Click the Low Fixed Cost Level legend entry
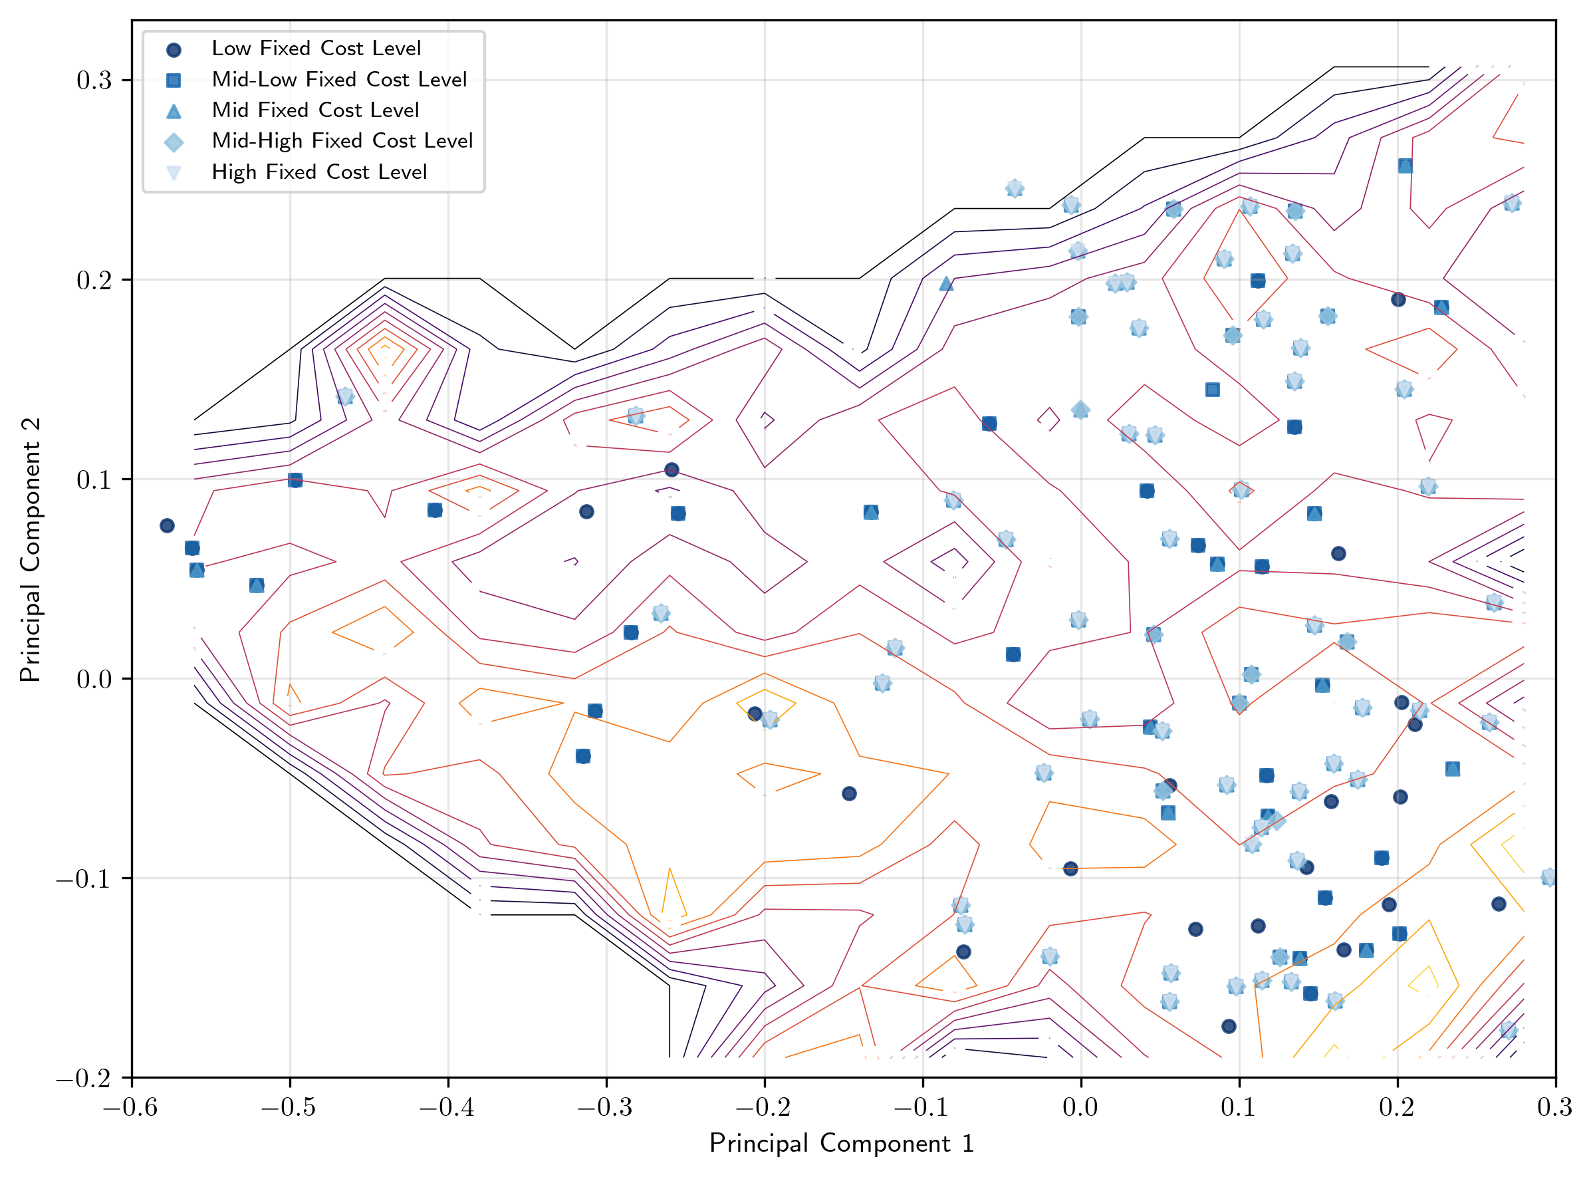[x=316, y=49]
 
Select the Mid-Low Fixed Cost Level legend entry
[x=338, y=79]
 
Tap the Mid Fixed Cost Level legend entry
[x=315, y=110]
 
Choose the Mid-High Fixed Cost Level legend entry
[x=342, y=141]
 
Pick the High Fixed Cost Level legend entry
[x=318, y=172]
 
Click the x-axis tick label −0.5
[x=289, y=1108]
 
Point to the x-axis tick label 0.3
[x=1554, y=1108]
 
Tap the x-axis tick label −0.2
[x=764, y=1108]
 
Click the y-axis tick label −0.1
[x=84, y=879]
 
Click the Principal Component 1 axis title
[x=842, y=1144]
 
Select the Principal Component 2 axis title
[x=30, y=550]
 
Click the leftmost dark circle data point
[x=168, y=526]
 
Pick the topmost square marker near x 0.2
[x=1405, y=166]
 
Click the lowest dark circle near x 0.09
[x=1229, y=1027]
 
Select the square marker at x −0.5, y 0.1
[x=295, y=480]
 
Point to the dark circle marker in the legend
[x=173, y=49]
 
